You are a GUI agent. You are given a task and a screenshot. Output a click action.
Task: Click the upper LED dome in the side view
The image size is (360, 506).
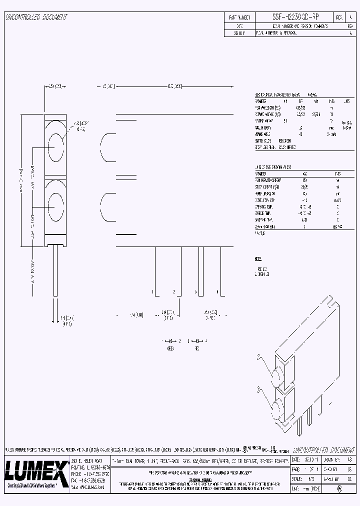click(x=107, y=148)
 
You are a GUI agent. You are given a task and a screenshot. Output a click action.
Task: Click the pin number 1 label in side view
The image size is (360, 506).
click(x=152, y=291)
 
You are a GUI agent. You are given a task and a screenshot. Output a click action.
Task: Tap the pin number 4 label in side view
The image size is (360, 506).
click(x=217, y=291)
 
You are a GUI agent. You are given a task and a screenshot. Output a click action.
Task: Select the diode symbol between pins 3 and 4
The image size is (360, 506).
click(x=196, y=340)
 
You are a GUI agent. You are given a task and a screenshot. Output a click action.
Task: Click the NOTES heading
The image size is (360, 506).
click(x=258, y=259)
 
